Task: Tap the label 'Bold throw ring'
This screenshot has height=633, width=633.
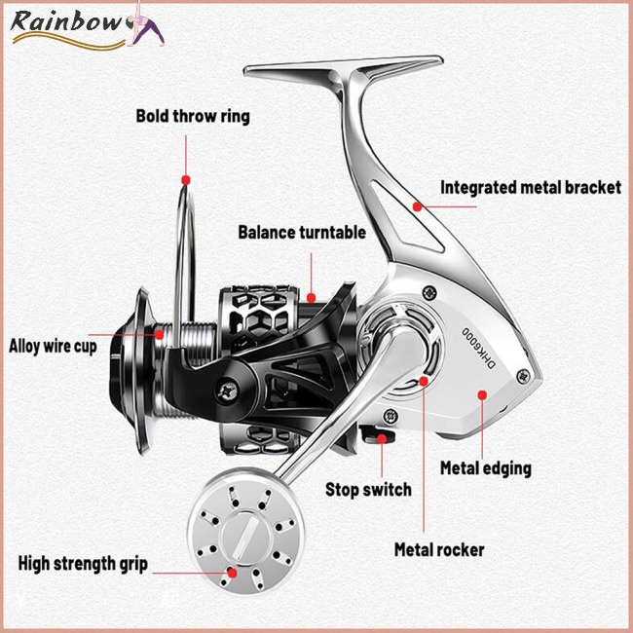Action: click(x=192, y=117)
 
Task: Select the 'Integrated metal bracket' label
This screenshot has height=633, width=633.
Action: click(x=531, y=187)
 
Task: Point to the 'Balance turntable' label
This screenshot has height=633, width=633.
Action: click(x=302, y=233)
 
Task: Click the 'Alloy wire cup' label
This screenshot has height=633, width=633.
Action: click(x=53, y=345)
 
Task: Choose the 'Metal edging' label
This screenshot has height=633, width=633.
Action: click(x=486, y=467)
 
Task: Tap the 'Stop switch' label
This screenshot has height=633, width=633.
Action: click(x=368, y=490)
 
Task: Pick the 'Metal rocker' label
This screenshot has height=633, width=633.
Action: click(x=439, y=550)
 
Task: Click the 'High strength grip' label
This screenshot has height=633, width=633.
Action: click(x=83, y=564)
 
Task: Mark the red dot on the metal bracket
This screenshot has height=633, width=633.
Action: click(x=417, y=205)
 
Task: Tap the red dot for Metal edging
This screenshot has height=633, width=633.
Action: click(x=483, y=394)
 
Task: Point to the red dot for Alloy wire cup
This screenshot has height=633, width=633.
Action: click(x=158, y=334)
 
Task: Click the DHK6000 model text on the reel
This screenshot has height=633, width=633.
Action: click(x=478, y=341)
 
